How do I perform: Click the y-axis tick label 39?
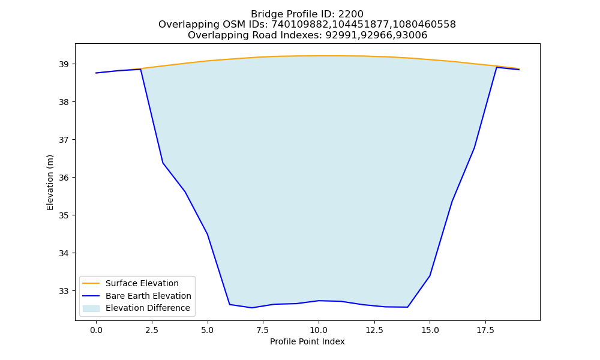64,64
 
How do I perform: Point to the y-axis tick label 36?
64,178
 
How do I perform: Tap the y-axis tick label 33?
64,291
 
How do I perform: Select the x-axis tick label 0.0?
96,331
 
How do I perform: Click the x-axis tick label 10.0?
319,331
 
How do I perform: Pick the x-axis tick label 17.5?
485,331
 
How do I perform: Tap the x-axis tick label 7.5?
263,331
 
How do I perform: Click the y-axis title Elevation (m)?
50,182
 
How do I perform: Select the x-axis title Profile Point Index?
307,341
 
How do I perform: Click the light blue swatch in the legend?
91,308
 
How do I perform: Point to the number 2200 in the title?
351,14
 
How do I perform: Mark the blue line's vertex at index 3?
163,163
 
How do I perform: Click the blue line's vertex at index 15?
430,276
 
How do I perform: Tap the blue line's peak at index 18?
497,67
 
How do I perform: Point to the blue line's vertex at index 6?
230,305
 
